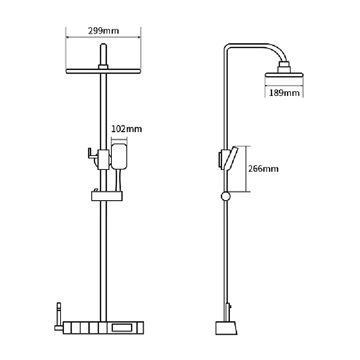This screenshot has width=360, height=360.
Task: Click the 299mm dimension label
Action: pyautogui.click(x=103, y=31)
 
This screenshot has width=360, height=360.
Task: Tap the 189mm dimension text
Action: pyautogui.click(x=284, y=93)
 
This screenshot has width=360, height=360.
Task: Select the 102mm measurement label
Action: pyautogui.click(x=126, y=129)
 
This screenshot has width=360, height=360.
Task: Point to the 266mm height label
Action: pyautogui.click(x=263, y=168)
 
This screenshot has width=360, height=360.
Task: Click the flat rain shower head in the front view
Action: pyautogui.click(x=103, y=72)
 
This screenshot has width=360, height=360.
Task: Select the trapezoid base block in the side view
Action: pyautogui.click(x=226, y=329)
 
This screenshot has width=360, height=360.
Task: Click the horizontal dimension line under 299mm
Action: pyautogui.click(x=103, y=37)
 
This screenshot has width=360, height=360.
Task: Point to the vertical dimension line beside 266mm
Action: pyautogui.click(x=246, y=168)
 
